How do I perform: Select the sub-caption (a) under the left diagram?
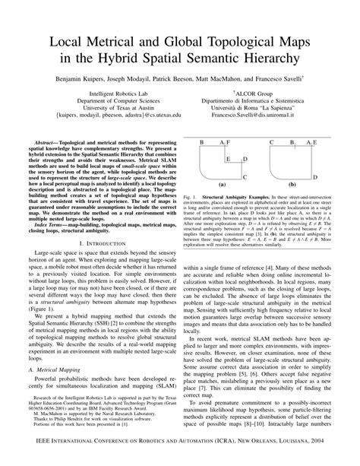[223, 185]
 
